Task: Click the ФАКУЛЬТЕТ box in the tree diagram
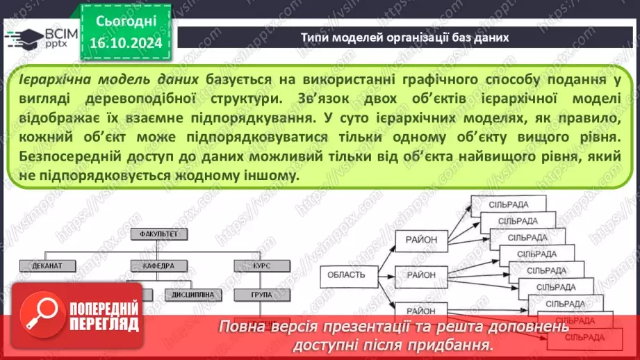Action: point(158,234)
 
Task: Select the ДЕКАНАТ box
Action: point(42,265)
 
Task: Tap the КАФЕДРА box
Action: point(158,265)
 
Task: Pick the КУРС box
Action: point(261,265)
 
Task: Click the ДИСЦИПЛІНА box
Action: point(192,295)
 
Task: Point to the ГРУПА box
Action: point(261,295)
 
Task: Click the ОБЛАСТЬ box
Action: point(347,275)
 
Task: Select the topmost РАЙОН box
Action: point(422,240)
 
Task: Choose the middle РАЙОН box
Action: point(422,275)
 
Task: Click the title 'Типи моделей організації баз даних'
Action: point(405,38)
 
